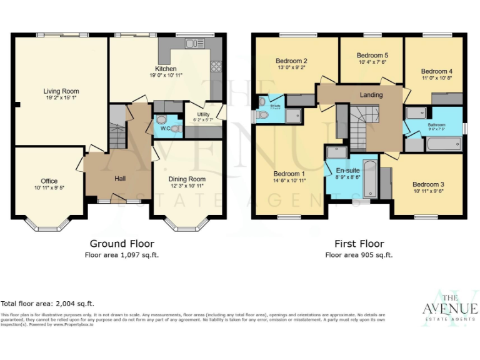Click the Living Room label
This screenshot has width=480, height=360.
61,91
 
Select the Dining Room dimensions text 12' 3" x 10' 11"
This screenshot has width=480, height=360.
187,186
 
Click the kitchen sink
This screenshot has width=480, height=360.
194,43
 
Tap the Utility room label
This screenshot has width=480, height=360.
203,114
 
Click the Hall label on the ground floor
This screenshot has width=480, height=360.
120,179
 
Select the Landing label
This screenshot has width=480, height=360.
371,94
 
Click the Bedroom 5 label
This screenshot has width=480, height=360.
372,55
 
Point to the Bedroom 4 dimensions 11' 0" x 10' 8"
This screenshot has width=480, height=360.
436,79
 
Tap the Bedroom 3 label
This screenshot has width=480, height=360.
428,184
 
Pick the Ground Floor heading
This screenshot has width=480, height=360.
122,244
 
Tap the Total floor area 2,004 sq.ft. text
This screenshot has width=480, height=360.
47,303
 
